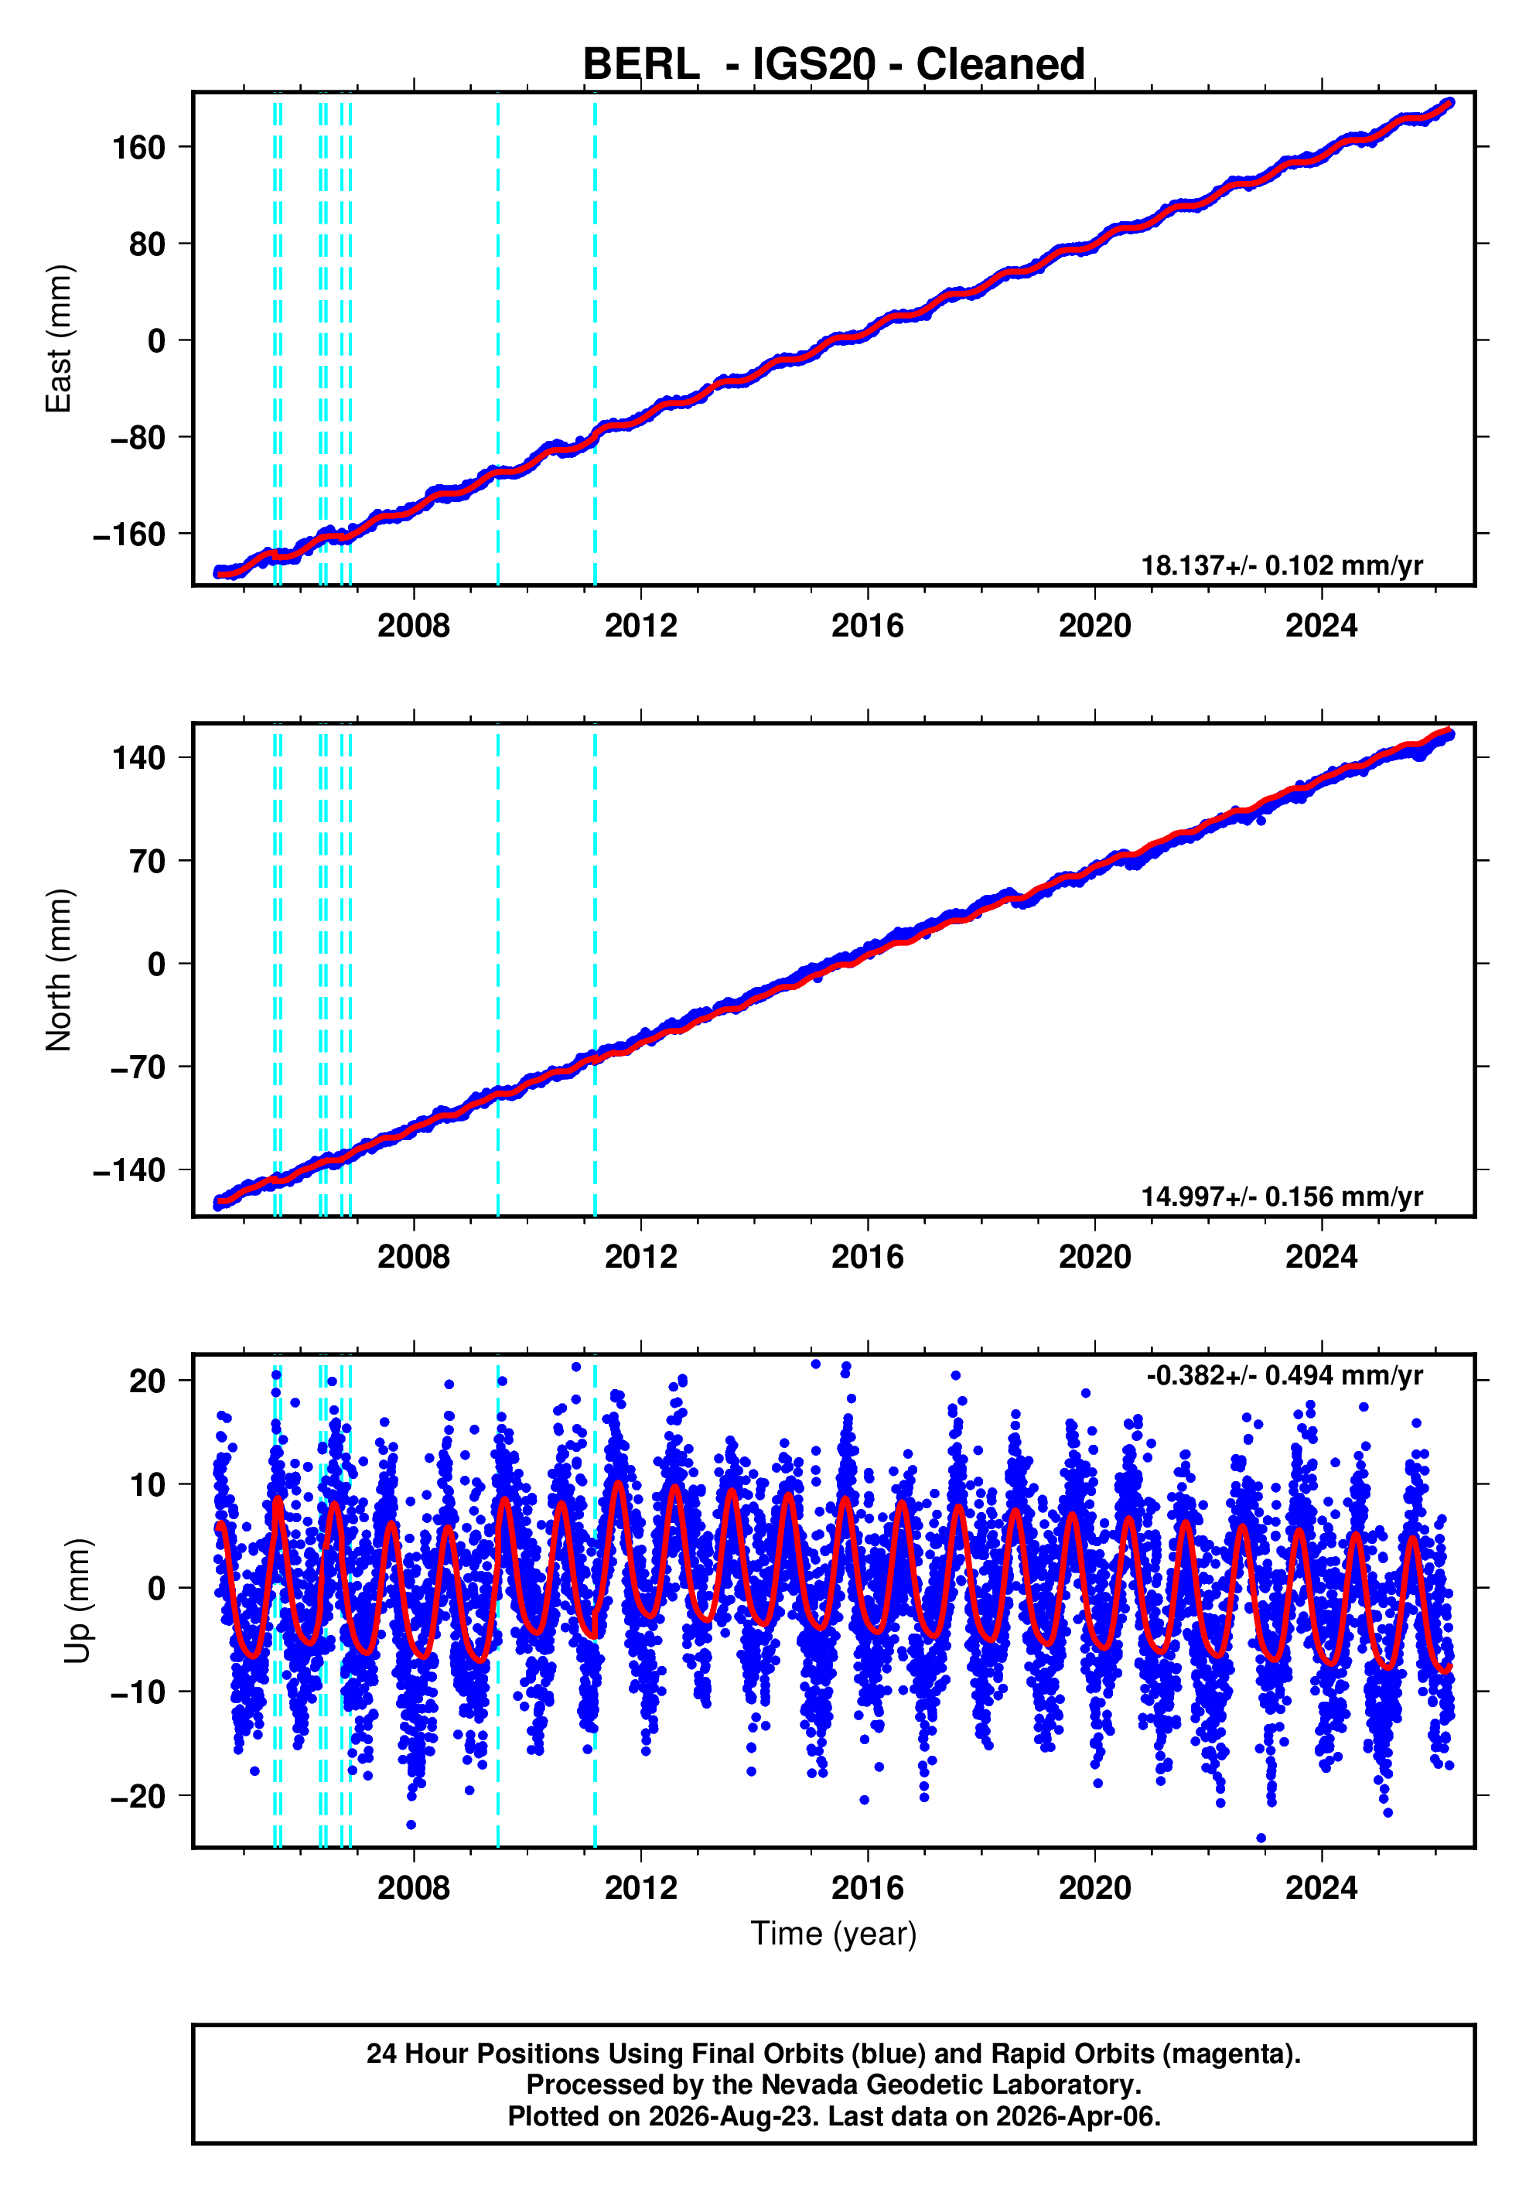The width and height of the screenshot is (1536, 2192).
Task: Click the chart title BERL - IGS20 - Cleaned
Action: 834,65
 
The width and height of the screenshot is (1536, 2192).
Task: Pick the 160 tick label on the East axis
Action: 139,148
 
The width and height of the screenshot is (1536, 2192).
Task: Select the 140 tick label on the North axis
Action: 139,758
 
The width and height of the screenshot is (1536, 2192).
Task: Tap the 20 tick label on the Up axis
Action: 148,1381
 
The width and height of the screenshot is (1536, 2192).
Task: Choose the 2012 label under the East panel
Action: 640,627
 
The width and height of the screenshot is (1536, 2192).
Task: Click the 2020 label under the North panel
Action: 1095,1258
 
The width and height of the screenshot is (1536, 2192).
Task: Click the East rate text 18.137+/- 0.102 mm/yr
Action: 1282,565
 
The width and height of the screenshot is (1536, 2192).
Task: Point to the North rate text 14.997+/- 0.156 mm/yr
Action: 1282,1197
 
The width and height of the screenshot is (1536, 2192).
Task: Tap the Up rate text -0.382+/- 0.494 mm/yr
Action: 1285,1376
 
